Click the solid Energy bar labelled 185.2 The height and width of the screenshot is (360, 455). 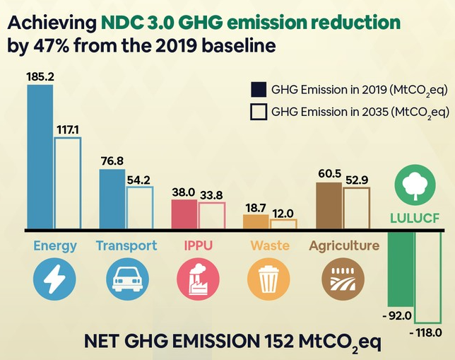tap(40, 156)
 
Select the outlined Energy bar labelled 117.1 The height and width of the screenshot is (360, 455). tap(68, 183)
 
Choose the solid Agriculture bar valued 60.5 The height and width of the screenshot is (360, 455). tap(329, 206)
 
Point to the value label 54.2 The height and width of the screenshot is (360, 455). tap(139, 180)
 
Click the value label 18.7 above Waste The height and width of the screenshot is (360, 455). tap(255, 207)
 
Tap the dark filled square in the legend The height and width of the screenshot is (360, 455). tap(259, 90)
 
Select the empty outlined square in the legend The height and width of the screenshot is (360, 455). tap(259, 112)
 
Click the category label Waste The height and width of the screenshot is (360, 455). tap(268, 246)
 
